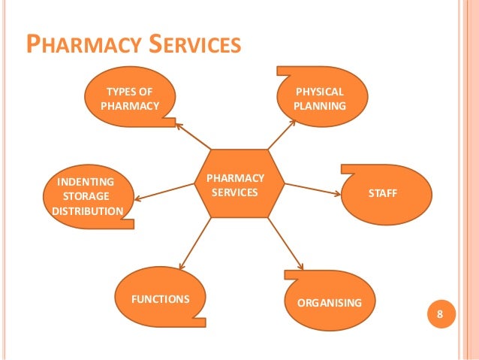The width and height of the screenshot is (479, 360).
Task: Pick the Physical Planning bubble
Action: (320, 98)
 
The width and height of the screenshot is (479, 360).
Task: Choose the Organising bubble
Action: (330, 303)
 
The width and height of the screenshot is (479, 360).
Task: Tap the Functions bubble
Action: (160, 298)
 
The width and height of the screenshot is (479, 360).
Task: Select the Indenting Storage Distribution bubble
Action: (86, 196)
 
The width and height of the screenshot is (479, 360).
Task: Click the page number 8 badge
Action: (441, 313)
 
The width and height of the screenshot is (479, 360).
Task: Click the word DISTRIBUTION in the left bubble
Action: (86, 210)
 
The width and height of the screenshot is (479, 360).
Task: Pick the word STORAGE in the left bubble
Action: (85, 196)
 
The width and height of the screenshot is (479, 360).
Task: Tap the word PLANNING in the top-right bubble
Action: (320, 106)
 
